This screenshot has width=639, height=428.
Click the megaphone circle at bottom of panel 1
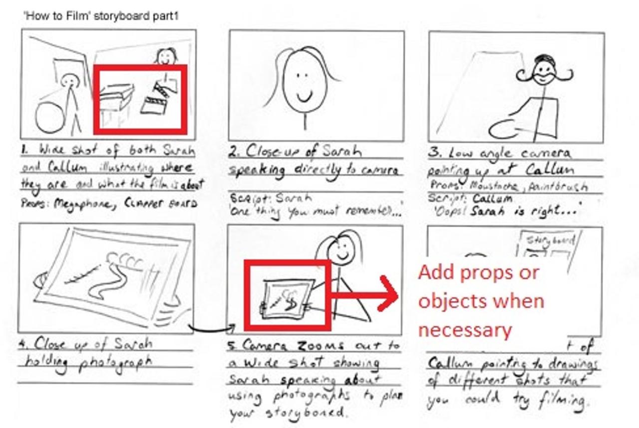49,118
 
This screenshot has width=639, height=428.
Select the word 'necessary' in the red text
465,330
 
